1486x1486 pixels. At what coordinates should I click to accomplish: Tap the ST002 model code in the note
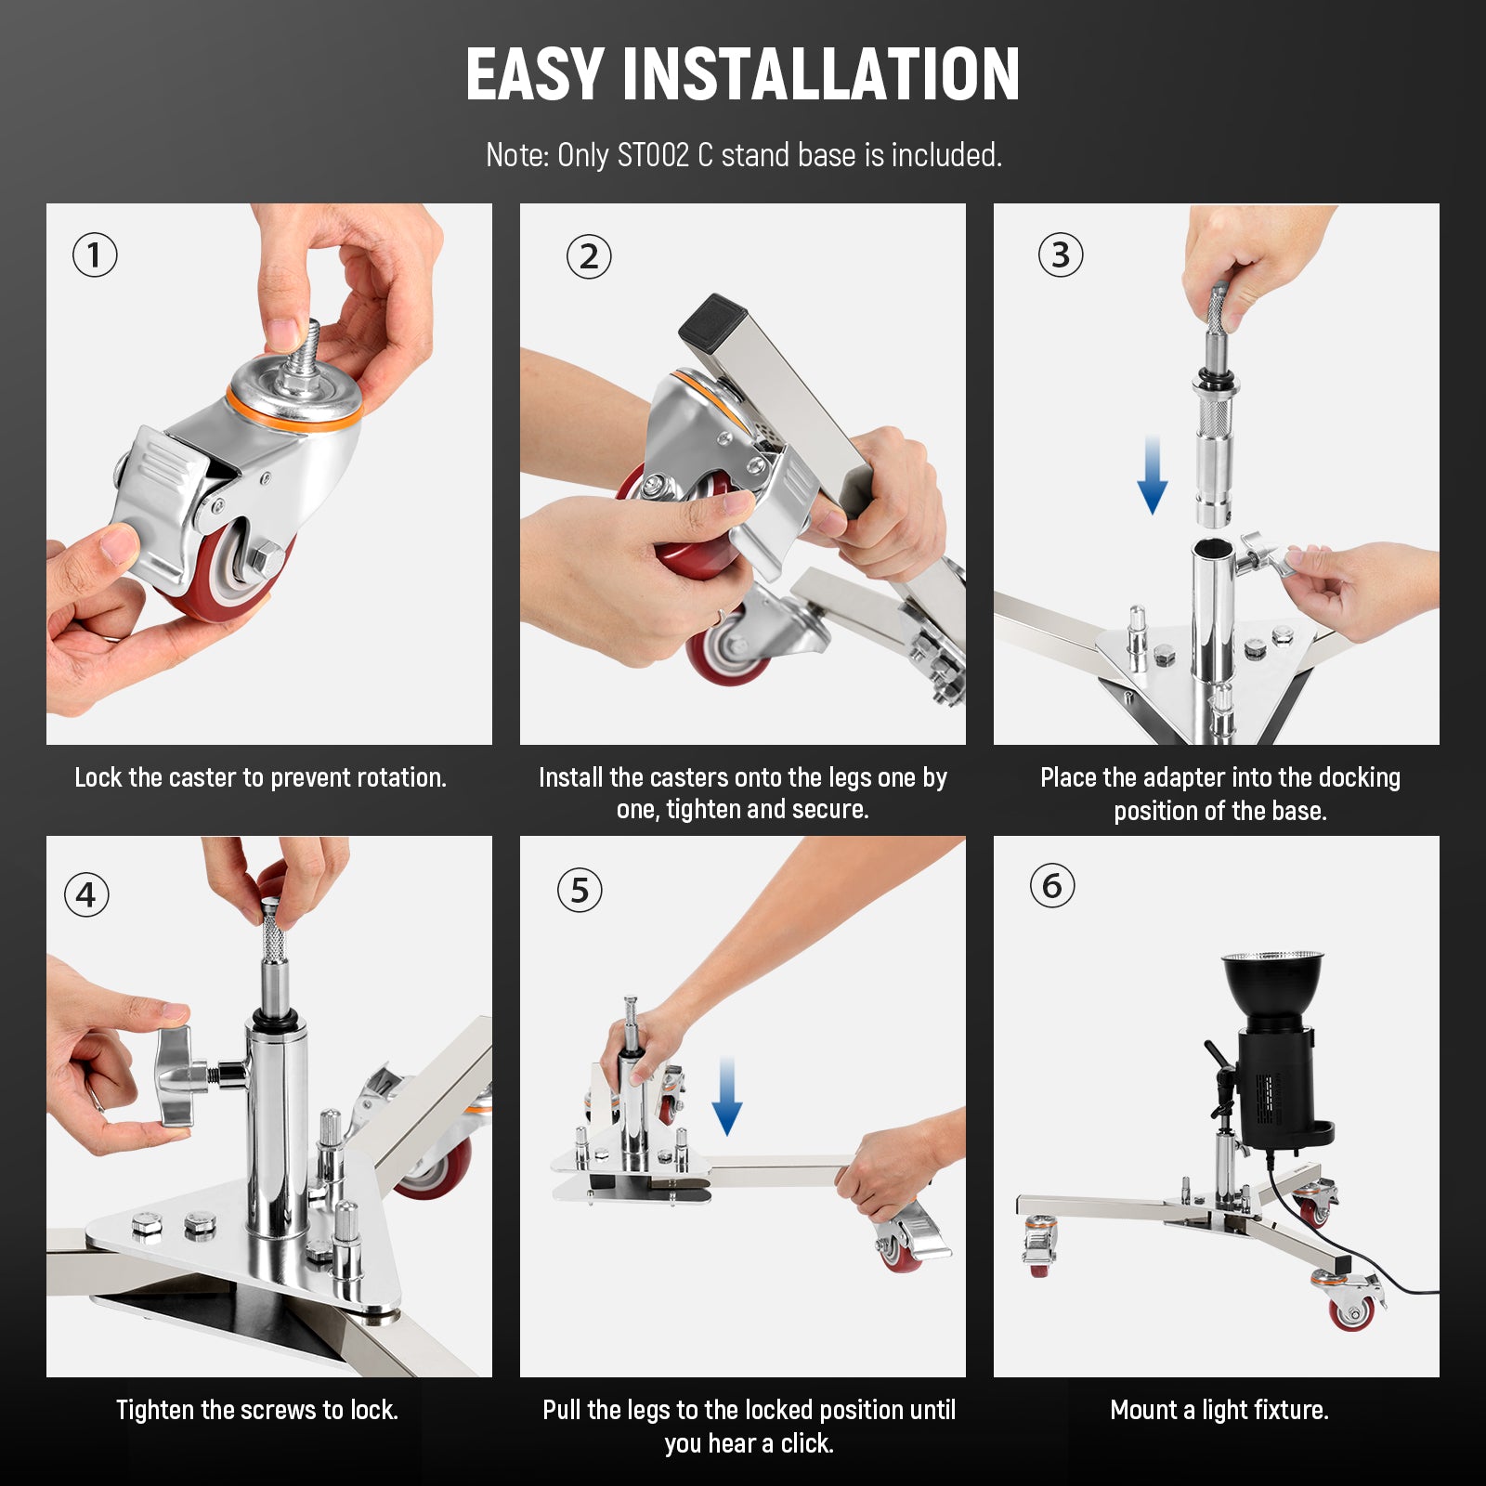(653, 155)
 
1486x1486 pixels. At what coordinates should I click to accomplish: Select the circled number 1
(95, 255)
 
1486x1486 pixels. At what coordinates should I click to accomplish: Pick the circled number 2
(589, 257)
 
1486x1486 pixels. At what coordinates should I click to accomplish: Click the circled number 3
(1061, 255)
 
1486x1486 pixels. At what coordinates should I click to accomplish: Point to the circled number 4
(86, 895)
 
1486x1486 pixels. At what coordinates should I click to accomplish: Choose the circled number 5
(580, 891)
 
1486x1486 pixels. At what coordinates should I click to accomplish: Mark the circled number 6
(1052, 886)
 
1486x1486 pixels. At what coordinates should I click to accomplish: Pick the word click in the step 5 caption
(806, 1443)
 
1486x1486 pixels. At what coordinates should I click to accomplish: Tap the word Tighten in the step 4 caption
(155, 1410)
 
